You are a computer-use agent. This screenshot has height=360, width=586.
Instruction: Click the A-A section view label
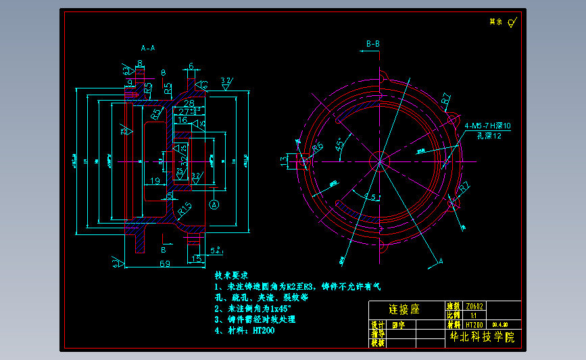[147, 49]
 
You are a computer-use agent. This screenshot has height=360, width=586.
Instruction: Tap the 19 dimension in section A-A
[155, 180]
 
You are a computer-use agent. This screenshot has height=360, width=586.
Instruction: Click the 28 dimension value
[189, 102]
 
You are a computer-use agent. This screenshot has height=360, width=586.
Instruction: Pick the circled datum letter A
[214, 203]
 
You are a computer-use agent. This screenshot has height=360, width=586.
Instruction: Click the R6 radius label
[317, 147]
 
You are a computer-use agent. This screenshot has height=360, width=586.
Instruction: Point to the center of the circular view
[381, 161]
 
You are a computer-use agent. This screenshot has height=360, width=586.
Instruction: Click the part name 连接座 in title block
[404, 309]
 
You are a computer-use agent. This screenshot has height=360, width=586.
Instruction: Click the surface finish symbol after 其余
[512, 22]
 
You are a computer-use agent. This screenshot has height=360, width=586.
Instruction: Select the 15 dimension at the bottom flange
[196, 259]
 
